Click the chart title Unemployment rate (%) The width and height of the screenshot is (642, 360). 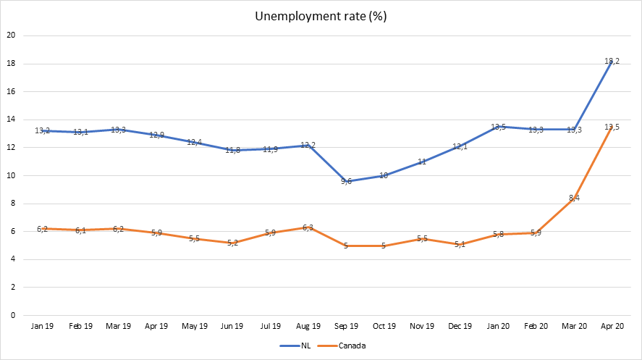[321, 16]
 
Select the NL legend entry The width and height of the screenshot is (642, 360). [298, 346]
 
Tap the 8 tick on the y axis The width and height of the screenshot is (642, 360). [12, 204]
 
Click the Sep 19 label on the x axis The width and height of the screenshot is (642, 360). [346, 327]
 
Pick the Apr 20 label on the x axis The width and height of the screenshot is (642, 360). [612, 327]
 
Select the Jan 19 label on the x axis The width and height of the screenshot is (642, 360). [42, 327]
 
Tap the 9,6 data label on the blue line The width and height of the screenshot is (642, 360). [346, 181]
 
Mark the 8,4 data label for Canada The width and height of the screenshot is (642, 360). [574, 198]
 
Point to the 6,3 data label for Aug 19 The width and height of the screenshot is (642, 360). [308, 227]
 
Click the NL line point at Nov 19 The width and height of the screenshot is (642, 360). [422, 162]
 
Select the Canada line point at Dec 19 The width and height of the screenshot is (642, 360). [460, 244]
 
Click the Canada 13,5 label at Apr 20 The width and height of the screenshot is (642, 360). [612, 127]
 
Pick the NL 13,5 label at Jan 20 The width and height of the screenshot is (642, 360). [498, 127]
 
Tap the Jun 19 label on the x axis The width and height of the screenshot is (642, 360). [232, 327]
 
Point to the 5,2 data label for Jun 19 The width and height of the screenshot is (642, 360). [232, 243]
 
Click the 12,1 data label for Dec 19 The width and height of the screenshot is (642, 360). [460, 146]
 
